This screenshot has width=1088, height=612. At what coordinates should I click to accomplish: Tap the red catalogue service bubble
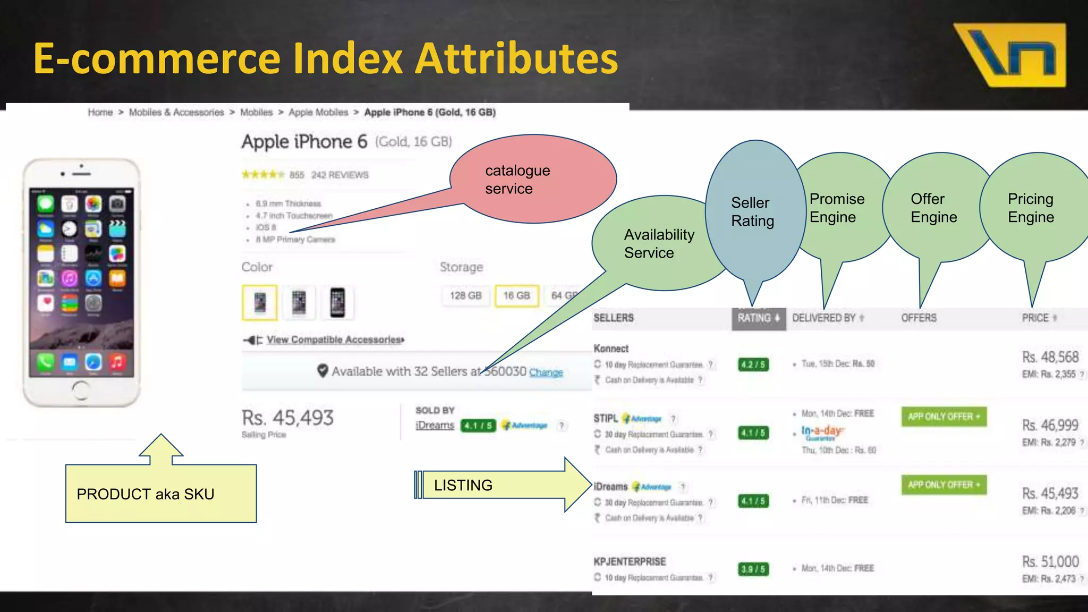[x=531, y=180]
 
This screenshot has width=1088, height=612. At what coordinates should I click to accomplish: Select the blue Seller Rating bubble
[x=753, y=211]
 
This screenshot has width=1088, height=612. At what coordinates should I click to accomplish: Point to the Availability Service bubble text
[x=659, y=244]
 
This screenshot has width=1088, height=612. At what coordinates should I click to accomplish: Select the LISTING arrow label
[x=463, y=485]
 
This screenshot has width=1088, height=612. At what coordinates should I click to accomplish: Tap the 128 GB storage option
[x=465, y=296]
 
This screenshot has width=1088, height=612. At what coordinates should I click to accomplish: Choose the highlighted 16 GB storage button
[x=516, y=296]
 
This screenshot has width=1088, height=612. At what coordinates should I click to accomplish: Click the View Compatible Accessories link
[x=335, y=339]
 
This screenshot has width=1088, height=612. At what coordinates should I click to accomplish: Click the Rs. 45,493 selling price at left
[x=287, y=418]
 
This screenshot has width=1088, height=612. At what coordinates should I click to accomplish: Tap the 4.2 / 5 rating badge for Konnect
[x=753, y=364]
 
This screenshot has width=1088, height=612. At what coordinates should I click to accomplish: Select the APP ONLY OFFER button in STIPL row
[x=943, y=416]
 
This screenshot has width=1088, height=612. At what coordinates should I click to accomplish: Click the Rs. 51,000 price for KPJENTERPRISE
[x=1050, y=562]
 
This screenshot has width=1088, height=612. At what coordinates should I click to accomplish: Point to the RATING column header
[x=758, y=318]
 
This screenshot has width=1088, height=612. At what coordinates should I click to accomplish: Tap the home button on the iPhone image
[x=81, y=390]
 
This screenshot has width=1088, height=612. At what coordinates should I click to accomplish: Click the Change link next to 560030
[x=546, y=372]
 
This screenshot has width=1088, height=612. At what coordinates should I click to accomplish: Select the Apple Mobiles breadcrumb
[x=318, y=113]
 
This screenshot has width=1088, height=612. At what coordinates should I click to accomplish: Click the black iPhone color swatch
[x=337, y=303]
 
